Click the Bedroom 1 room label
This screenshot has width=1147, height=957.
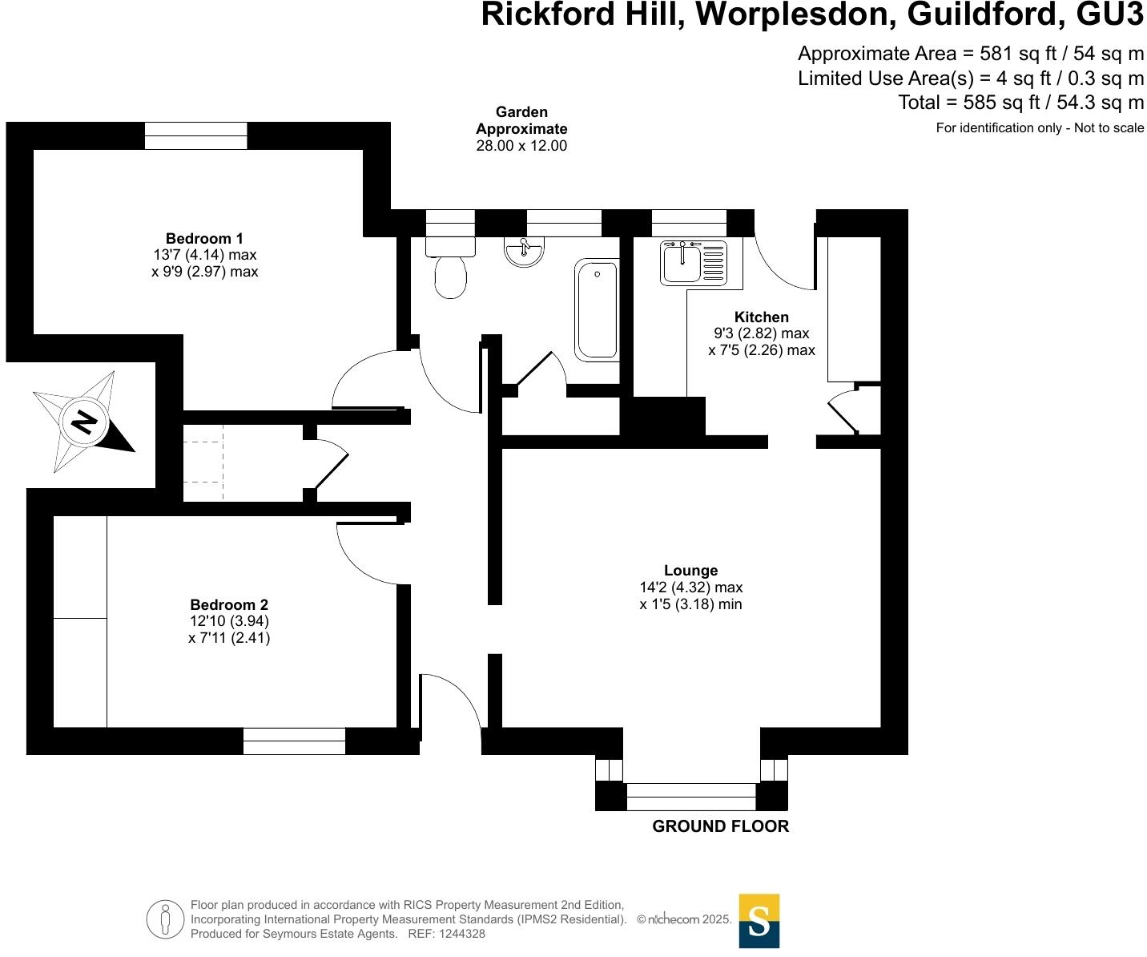204,238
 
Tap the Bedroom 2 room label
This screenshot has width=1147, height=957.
229,605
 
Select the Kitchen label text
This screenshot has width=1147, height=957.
762,317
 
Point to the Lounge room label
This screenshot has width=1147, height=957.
690,571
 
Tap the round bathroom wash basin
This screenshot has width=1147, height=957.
524,251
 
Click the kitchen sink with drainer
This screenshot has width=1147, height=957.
694,262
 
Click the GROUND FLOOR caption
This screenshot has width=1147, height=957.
720,826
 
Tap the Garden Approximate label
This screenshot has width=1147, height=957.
521,120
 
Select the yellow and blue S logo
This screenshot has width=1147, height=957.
759,921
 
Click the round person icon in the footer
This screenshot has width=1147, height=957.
165,919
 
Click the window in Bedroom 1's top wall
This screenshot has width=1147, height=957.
195,135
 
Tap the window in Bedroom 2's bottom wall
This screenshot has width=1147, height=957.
294,741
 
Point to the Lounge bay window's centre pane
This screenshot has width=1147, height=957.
690,797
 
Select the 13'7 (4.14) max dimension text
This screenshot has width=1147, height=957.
205,255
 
